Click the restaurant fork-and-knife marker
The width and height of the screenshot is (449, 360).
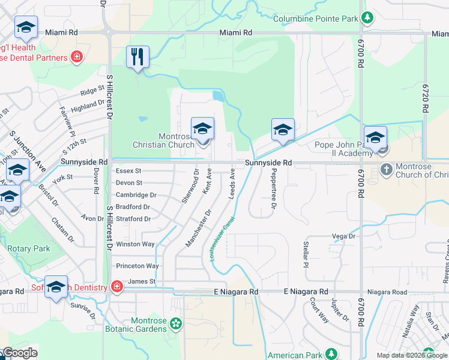tap(137, 58)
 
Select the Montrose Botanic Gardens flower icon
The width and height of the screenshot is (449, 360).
tap(175, 325)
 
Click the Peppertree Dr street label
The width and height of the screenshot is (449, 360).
tap(273, 191)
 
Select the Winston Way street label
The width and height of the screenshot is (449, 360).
tap(135, 244)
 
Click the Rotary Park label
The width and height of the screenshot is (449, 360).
tap(29, 248)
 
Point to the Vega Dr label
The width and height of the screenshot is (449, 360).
tap(344, 236)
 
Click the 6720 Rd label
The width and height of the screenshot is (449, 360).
tap(426, 98)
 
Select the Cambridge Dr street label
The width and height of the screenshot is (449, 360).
tap(136, 195)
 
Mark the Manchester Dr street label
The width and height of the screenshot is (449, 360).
tap(199, 227)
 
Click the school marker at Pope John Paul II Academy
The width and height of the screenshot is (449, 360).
tap(375, 138)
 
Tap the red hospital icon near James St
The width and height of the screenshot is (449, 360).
tap(116, 287)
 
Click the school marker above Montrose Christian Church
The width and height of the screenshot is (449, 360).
tap(202, 129)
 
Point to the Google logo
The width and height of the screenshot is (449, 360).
tap(19, 353)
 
